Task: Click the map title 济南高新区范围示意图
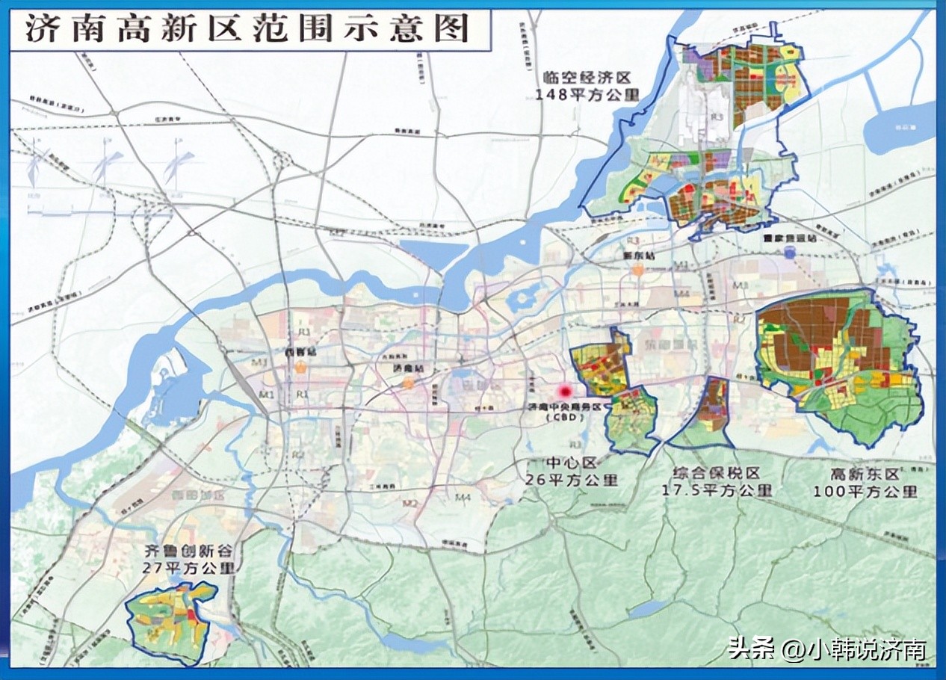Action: [x=247, y=29]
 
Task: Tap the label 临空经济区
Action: [x=588, y=77]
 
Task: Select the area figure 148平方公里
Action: [x=588, y=94]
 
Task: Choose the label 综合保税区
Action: [x=716, y=473]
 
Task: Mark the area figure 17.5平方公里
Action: [x=717, y=490]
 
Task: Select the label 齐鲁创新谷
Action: [x=189, y=551]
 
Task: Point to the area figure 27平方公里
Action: [x=189, y=568]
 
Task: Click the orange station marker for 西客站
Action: [x=300, y=368]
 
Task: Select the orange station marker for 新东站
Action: [x=637, y=271]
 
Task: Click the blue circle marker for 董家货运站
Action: [x=790, y=254]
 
